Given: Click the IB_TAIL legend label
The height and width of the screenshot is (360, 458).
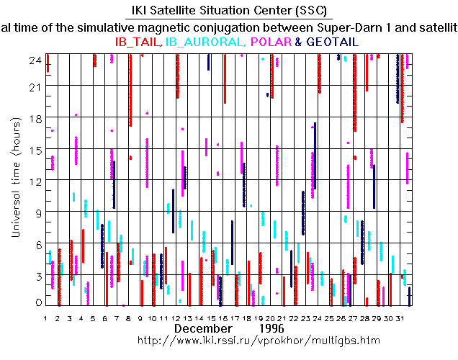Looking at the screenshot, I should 138,42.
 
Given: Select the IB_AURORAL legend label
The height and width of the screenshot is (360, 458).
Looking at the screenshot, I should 207,42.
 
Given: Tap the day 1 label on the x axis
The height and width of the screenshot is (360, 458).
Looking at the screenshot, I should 46,318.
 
